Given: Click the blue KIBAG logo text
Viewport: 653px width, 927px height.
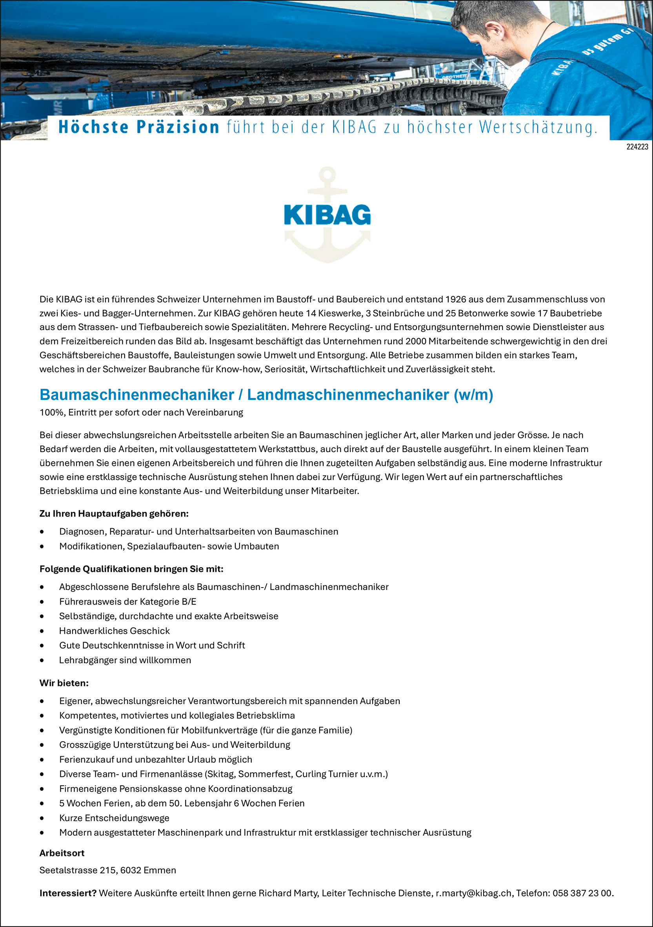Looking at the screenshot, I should [x=327, y=215].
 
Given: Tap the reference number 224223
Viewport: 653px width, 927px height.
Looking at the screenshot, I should [x=637, y=147].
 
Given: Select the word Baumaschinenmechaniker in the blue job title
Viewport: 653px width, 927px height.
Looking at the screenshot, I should [x=137, y=395].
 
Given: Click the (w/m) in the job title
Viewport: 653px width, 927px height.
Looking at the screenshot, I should [x=473, y=395].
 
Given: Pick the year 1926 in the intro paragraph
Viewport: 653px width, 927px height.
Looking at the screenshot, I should [x=456, y=299].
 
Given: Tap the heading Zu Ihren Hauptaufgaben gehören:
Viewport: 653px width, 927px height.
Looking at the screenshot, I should [x=114, y=514].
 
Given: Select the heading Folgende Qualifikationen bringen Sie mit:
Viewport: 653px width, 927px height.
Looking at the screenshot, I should [x=131, y=569].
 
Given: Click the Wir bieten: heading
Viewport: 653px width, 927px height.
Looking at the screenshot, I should [x=64, y=683].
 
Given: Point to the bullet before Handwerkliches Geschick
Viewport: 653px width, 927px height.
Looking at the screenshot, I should [x=42, y=631].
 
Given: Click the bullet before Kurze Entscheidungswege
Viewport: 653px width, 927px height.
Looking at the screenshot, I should [x=42, y=818].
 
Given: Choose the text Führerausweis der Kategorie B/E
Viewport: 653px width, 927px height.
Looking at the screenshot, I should [x=127, y=602].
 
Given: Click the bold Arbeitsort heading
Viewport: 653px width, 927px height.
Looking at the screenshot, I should [x=62, y=853].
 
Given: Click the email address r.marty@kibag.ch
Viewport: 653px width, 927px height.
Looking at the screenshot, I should [x=473, y=893].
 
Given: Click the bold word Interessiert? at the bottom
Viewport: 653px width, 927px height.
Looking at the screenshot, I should [x=68, y=893].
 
